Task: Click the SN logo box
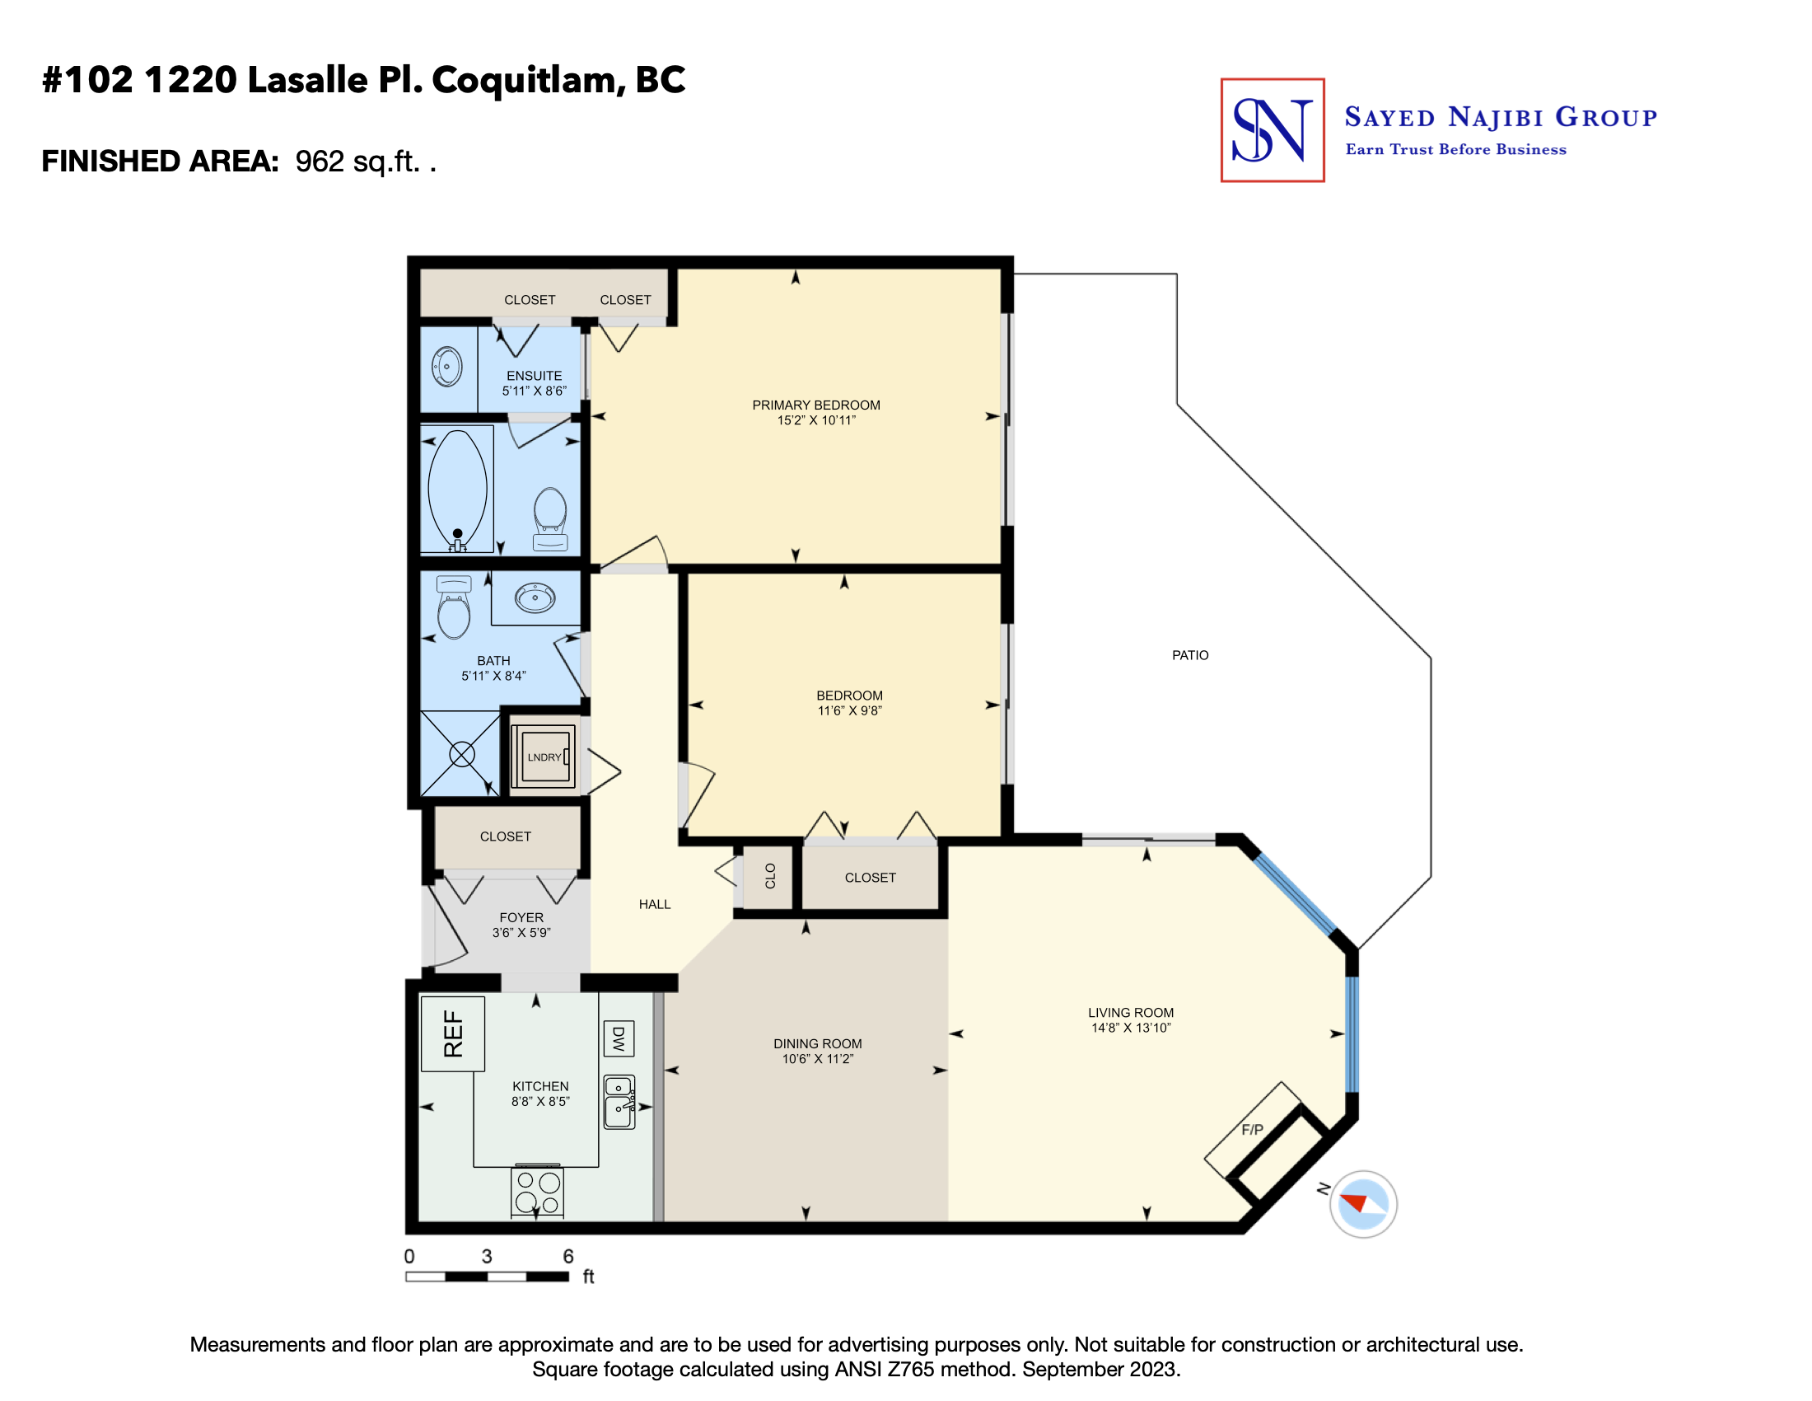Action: point(1272,130)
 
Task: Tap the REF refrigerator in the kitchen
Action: point(453,1033)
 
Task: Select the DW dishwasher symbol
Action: point(618,1038)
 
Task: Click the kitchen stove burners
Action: point(538,1192)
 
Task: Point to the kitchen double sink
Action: point(619,1102)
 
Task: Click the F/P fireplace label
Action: point(1252,1130)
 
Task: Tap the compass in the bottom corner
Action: point(1363,1204)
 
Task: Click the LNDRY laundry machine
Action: point(544,755)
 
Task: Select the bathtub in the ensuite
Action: point(458,490)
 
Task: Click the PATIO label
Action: point(1190,656)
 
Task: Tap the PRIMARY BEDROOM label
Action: point(816,405)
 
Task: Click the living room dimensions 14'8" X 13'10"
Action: point(1131,1028)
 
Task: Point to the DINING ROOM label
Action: point(818,1044)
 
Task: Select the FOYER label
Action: point(522,918)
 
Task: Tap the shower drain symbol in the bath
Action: point(462,754)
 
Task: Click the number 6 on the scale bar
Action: point(568,1257)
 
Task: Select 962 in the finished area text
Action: point(320,161)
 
